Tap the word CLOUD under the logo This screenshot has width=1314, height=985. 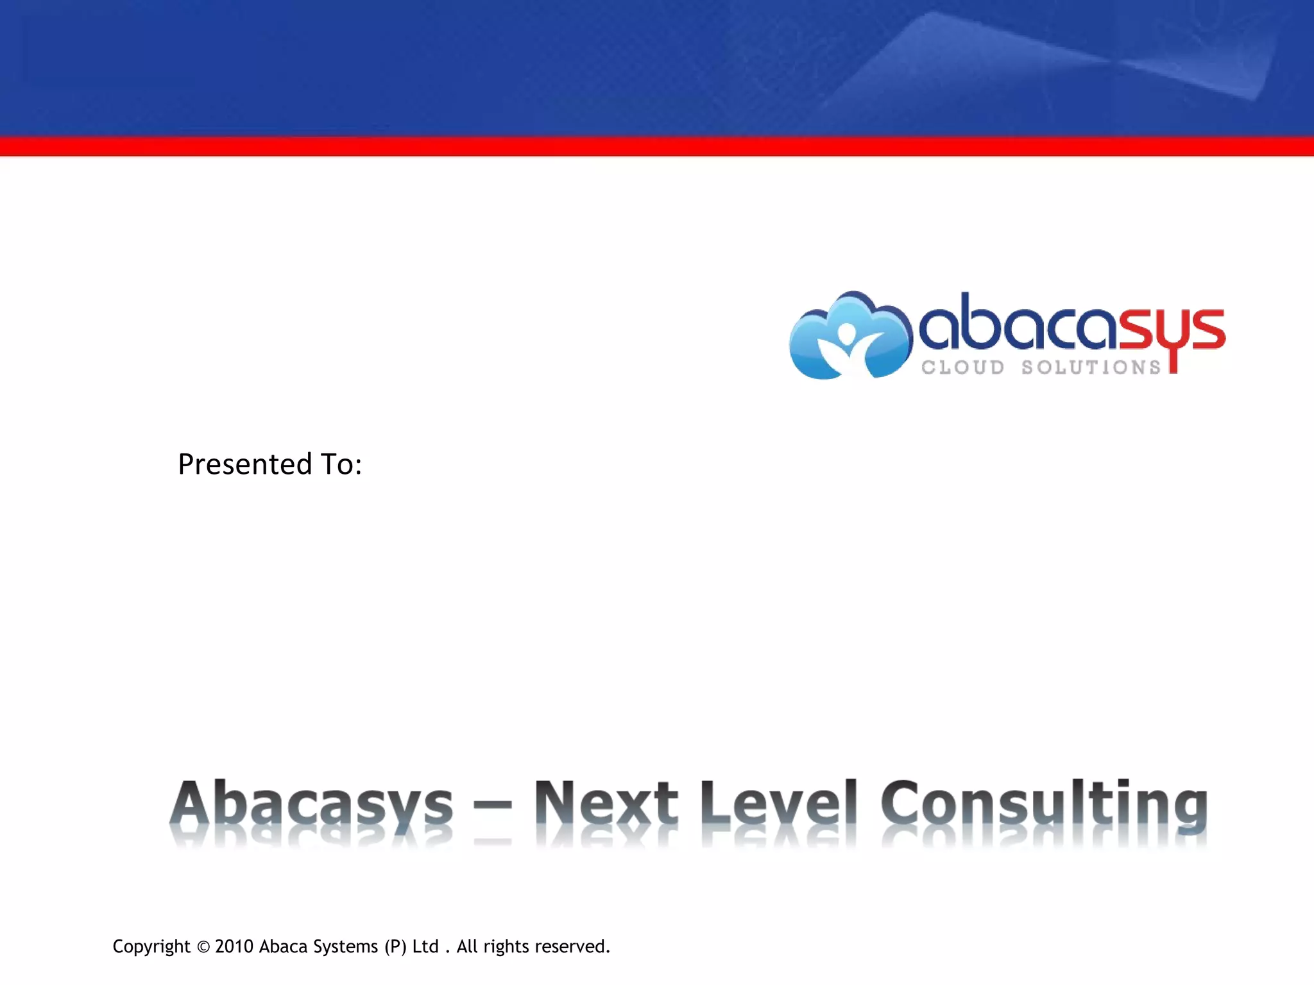(963, 367)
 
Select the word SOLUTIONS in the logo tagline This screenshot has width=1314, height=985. (1091, 367)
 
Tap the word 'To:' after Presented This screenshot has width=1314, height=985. (341, 464)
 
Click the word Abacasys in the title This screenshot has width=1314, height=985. (311, 804)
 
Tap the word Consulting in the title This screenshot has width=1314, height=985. (1044, 804)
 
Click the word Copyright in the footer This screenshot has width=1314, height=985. (151, 947)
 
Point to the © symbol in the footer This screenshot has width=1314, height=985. (203, 947)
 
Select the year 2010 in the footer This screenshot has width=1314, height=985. (234, 947)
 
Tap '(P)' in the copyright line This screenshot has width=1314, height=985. (395, 947)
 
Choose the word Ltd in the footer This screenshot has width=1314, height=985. (425, 947)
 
